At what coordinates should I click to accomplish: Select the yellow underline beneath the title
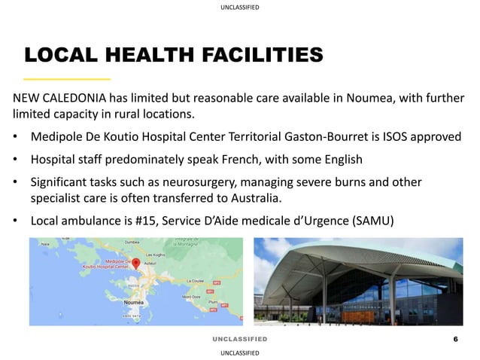(x=67, y=79)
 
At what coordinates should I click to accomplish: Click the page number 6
(x=455, y=339)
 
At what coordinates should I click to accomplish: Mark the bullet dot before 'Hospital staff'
(x=16, y=160)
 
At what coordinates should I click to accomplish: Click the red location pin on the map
(x=136, y=264)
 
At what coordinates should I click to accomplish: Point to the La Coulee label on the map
(x=196, y=281)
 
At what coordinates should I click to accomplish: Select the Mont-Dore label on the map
(x=191, y=296)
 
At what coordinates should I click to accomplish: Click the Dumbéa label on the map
(x=132, y=243)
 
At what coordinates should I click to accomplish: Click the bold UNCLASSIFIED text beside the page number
(x=239, y=339)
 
